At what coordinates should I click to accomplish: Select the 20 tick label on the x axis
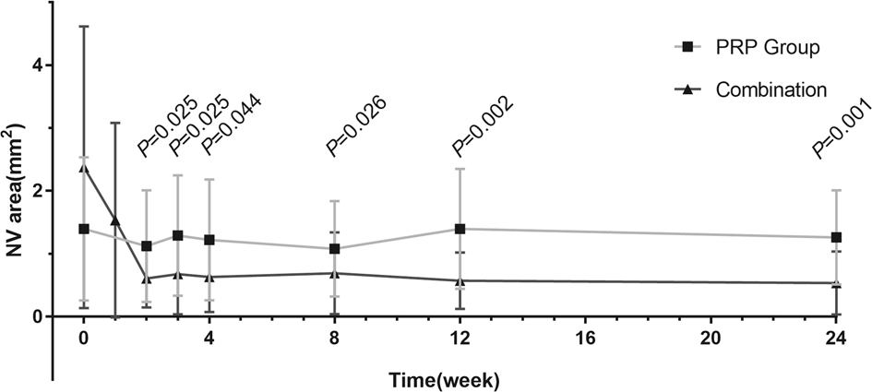click(711, 337)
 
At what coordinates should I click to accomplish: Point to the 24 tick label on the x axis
click(836, 337)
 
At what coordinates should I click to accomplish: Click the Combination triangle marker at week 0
click(84, 168)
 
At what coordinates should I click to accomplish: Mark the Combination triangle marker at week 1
click(115, 220)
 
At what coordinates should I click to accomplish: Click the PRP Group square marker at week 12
click(460, 229)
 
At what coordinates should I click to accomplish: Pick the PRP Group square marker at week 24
click(836, 237)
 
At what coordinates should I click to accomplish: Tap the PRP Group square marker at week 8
click(334, 249)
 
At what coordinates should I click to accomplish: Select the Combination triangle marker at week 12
click(460, 280)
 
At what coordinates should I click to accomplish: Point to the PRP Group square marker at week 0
click(84, 229)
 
